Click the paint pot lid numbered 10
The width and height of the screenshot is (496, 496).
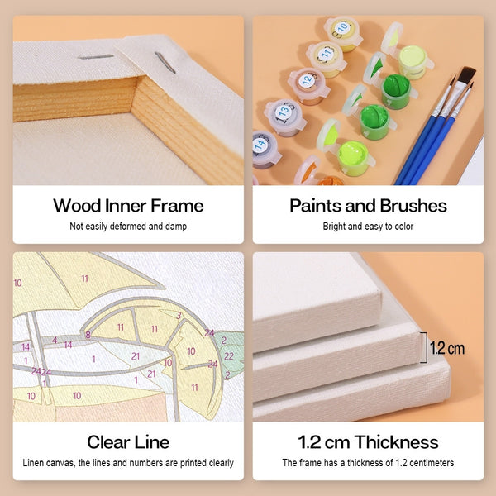tap(342, 28)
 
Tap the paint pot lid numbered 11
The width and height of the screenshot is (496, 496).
tap(326, 53)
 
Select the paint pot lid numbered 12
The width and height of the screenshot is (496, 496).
tap(307, 80)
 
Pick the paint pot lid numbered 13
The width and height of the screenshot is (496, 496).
tap(283, 111)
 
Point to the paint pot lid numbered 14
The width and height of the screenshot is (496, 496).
tap(260, 145)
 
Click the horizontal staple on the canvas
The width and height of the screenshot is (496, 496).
tap(96, 57)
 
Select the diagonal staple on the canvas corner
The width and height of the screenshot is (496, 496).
tap(165, 62)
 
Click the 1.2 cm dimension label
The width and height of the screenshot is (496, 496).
tap(447, 348)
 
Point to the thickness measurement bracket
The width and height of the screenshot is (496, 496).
tap(425, 347)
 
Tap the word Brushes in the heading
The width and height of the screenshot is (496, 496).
tap(413, 206)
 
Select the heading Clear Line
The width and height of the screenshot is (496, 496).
tap(128, 442)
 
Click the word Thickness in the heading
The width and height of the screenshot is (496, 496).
tap(396, 442)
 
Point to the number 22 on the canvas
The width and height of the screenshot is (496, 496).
tap(229, 356)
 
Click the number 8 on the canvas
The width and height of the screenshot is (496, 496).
tap(88, 334)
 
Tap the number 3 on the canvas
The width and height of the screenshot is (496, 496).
tap(179, 316)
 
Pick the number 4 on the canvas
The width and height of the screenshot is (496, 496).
tap(55, 340)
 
